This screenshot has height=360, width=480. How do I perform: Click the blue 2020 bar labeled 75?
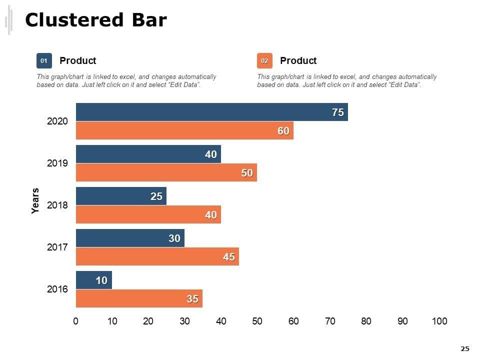[211, 112]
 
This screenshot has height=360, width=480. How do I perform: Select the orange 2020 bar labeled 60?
[184, 130]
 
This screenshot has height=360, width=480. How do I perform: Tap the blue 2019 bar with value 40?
[148, 154]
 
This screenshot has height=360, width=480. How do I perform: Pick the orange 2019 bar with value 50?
[166, 172]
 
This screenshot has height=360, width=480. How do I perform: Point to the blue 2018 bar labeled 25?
[121, 196]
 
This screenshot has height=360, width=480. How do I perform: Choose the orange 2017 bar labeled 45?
[157, 256]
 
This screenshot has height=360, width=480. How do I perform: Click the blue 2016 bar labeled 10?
[93, 280]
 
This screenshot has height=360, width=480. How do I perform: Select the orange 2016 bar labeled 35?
[139, 298]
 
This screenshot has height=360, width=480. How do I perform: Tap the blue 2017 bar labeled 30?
[130, 238]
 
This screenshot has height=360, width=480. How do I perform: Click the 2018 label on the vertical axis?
[57, 205]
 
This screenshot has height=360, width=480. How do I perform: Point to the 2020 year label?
[57, 121]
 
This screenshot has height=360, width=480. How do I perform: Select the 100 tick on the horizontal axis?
[439, 321]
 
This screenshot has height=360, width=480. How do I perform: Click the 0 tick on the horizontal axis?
[76, 321]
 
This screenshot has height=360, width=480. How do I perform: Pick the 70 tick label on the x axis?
[330, 321]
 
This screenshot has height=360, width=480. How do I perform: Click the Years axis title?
[35, 201]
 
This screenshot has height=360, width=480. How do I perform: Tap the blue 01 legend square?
[44, 60]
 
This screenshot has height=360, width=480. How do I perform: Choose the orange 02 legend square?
[264, 60]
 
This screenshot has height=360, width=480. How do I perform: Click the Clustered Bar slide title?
[95, 20]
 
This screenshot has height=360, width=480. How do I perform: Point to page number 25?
[465, 348]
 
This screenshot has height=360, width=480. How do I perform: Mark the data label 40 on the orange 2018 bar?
[210, 215]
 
